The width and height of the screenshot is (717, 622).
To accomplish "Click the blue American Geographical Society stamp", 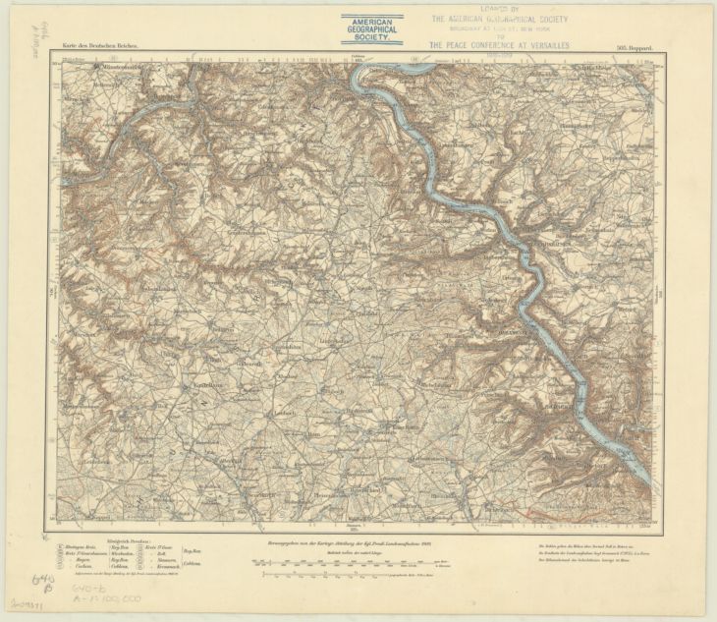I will pyautogui.click(x=371, y=28).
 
